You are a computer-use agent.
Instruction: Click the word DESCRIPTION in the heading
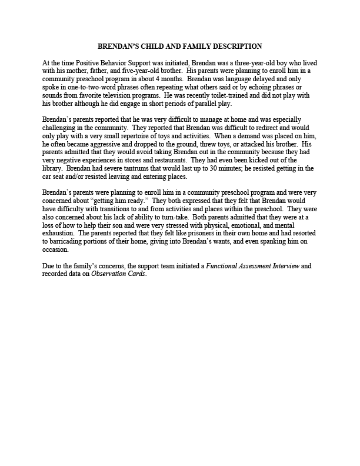point(235,46)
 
